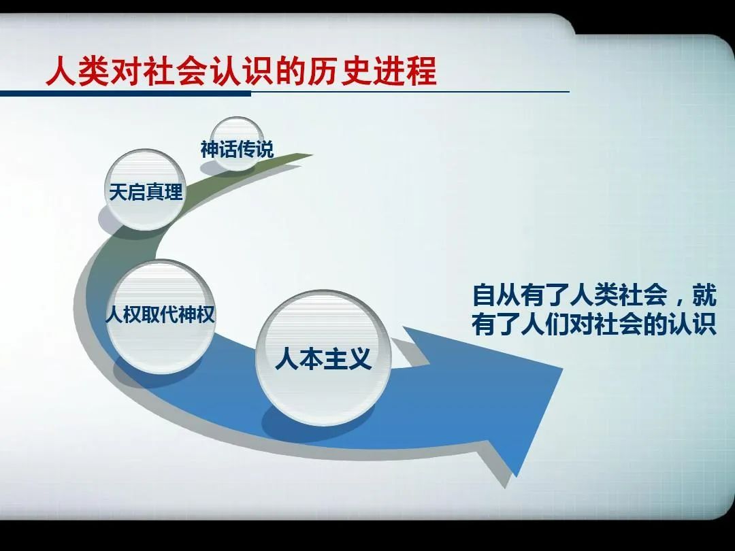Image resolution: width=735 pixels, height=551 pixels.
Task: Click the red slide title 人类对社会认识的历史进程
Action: pyautogui.click(x=242, y=71)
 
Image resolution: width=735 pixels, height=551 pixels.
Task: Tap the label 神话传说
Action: pyautogui.click(x=237, y=150)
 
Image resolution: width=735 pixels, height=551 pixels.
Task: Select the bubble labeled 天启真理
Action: pyautogui.click(x=146, y=190)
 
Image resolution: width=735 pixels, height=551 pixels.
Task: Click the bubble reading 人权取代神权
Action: pyautogui.click(x=160, y=317)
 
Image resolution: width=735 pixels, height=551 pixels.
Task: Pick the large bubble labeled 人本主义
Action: pyautogui.click(x=323, y=358)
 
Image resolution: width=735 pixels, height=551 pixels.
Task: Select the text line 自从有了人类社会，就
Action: pyautogui.click(x=594, y=295)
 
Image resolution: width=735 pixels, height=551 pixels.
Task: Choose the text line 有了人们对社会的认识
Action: pyautogui.click(x=594, y=324)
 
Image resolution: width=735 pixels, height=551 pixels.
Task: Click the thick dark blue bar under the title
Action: pyautogui.click(x=126, y=94)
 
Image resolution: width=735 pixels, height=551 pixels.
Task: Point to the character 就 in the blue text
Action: pyautogui.click(x=704, y=295)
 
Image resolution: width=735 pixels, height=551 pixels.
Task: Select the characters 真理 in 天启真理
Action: pyautogui.click(x=164, y=192)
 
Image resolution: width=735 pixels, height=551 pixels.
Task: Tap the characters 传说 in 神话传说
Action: pyautogui.click(x=255, y=150)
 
